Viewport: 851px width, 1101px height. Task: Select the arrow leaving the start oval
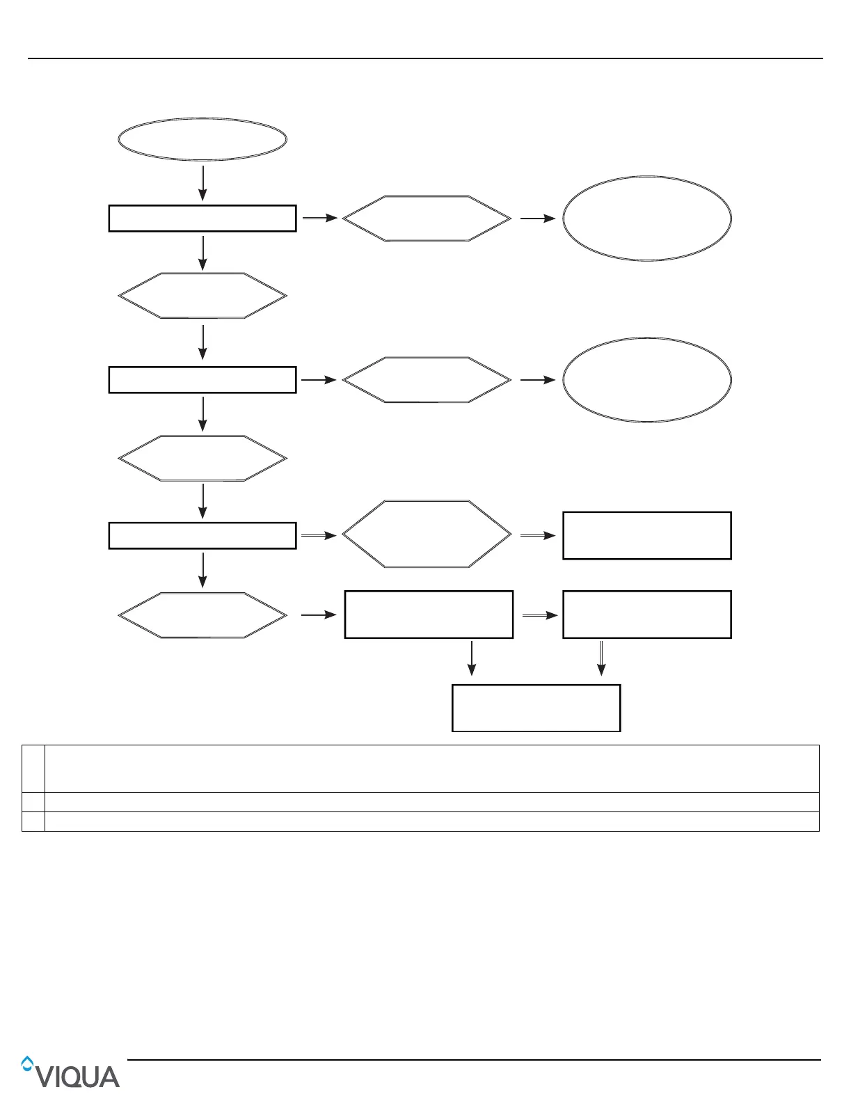[202, 182]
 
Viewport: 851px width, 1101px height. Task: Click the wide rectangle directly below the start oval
[202, 218]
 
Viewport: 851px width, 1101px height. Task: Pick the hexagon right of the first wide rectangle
[427, 218]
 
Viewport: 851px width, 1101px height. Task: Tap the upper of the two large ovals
[646, 218]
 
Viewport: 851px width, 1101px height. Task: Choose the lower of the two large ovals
[646, 380]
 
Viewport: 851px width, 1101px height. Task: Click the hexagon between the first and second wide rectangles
[202, 296]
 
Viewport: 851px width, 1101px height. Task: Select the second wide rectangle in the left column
[202, 380]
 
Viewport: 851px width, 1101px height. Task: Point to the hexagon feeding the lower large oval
[427, 380]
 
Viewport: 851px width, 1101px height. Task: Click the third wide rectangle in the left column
[202, 536]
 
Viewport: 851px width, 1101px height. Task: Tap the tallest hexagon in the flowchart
[427, 534]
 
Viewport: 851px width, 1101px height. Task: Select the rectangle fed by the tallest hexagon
[646, 535]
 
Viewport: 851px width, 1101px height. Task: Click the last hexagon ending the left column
[202, 615]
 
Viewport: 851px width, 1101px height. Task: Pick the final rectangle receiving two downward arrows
[536, 708]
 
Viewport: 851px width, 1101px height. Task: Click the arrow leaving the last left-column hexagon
[319, 615]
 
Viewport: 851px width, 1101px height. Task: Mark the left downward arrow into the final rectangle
[472, 658]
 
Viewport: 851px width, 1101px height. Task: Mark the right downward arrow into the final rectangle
[601, 658]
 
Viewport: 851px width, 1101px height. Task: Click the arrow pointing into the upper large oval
[537, 218]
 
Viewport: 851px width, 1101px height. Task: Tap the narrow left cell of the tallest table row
[33, 768]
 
